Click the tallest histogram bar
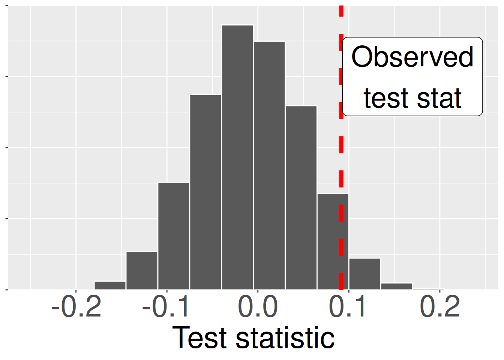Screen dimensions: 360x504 tap(237, 157)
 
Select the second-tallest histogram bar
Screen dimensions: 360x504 tap(269, 165)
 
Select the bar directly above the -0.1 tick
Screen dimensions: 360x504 tap(174, 236)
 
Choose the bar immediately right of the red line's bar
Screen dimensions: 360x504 tap(365, 274)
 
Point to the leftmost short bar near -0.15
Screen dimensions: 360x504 tap(110, 285)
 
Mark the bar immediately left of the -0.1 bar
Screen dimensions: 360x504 tap(142, 270)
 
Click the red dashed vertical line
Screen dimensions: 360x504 tap(341, 157)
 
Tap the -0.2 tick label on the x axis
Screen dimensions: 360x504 tap(76, 307)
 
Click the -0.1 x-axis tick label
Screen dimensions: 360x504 tap(166, 307)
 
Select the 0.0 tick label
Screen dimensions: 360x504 tap(258, 307)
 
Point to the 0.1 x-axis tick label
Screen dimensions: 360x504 tap(348, 307)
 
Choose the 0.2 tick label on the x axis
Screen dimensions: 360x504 tap(439, 307)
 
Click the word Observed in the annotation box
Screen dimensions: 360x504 tap(412, 57)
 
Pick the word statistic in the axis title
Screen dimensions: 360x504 tap(285, 337)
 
